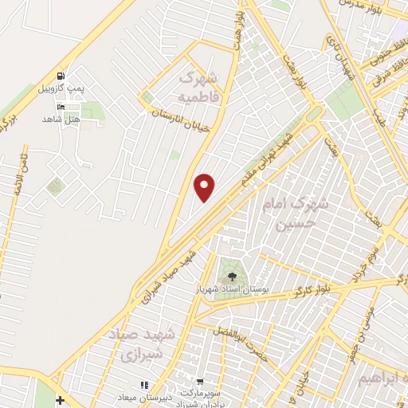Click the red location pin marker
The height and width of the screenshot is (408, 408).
click(205, 187)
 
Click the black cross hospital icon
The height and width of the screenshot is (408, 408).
click(61, 398)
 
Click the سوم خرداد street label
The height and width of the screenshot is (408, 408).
click(368, 260)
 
